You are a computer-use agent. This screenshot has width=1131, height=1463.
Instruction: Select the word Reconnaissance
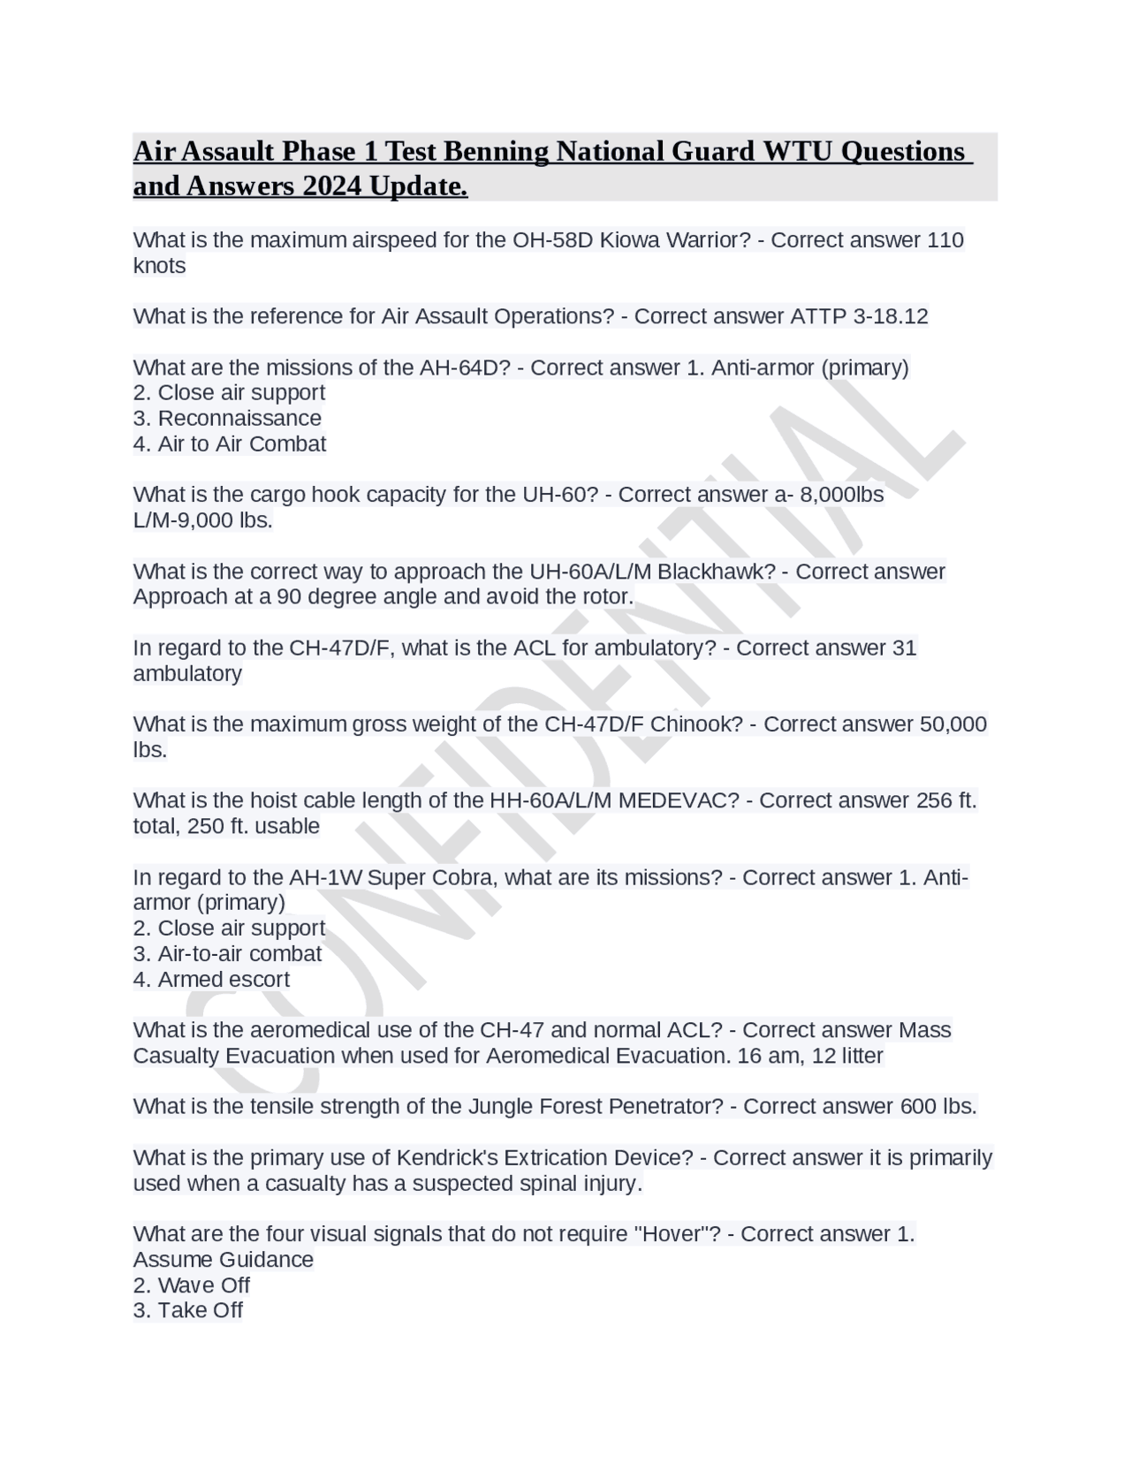click(x=239, y=418)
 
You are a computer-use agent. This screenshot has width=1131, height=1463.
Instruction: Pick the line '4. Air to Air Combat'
click(x=230, y=443)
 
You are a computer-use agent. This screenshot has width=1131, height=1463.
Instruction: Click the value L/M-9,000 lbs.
click(x=202, y=520)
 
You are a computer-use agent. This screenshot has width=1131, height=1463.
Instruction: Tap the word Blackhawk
click(x=716, y=572)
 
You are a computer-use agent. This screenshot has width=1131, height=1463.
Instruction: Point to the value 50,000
click(x=953, y=724)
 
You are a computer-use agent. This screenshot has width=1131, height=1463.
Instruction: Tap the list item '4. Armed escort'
click(x=211, y=979)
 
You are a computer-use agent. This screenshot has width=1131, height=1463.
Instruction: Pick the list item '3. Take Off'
click(x=187, y=1310)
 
